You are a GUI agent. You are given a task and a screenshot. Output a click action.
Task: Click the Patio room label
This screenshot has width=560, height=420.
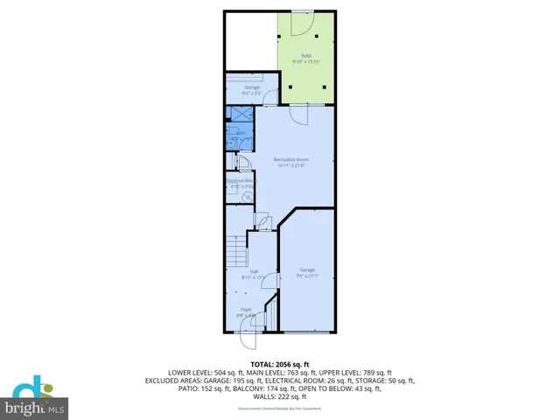[x=306, y=55]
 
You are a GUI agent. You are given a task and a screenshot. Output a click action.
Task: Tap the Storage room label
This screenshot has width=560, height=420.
[x=252, y=87]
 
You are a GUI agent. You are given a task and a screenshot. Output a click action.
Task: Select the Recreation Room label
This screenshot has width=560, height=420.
[x=291, y=159]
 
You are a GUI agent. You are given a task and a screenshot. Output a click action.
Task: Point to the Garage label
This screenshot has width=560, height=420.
[x=307, y=269]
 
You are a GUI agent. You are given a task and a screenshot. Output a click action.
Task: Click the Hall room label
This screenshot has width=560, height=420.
[x=254, y=271]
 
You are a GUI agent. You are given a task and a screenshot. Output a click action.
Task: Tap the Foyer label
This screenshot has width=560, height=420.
[x=247, y=310]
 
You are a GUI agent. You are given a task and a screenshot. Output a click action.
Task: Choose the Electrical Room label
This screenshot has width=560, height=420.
[x=240, y=181]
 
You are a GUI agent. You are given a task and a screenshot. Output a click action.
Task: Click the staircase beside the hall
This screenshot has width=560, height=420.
[x=234, y=255]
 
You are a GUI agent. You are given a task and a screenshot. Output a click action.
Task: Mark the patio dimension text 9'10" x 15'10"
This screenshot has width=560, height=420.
[x=306, y=61]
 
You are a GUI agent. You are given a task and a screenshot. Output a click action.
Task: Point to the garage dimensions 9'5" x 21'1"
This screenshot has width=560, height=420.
[x=307, y=276]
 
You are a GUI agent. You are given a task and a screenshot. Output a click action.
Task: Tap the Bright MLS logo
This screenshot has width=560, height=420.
[x=34, y=399]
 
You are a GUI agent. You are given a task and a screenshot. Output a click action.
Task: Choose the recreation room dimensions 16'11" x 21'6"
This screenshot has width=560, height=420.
[x=291, y=165]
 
